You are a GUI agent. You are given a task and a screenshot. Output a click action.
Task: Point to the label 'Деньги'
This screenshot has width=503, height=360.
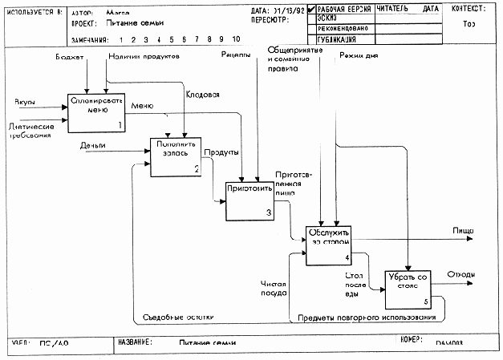pyautogui.click(x=94, y=145)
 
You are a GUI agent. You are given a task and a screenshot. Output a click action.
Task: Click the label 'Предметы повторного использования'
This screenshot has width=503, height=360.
pyautogui.click(x=366, y=318)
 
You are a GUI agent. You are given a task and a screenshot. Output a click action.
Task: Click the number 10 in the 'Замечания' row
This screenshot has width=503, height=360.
pyautogui.click(x=235, y=38)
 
